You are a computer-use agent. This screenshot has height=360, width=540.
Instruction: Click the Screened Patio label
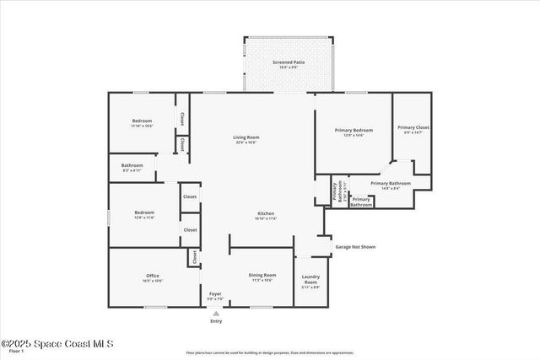(x=289, y=62)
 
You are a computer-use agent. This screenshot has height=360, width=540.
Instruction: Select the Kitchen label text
(x=266, y=214)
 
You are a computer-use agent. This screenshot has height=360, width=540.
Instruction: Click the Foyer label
(x=215, y=294)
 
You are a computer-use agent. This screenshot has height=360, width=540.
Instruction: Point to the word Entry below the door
(x=216, y=321)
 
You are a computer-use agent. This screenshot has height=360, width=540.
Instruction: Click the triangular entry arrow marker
(x=216, y=313)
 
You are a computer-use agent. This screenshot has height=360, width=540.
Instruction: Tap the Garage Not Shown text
(x=355, y=247)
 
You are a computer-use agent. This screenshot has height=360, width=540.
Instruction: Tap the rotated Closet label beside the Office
(x=194, y=258)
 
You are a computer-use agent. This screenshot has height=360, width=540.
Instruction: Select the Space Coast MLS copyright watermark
(x=57, y=343)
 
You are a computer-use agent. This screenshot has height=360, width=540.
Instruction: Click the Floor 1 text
(x=9, y=352)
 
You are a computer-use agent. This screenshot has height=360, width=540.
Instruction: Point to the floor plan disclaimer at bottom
(x=270, y=352)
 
